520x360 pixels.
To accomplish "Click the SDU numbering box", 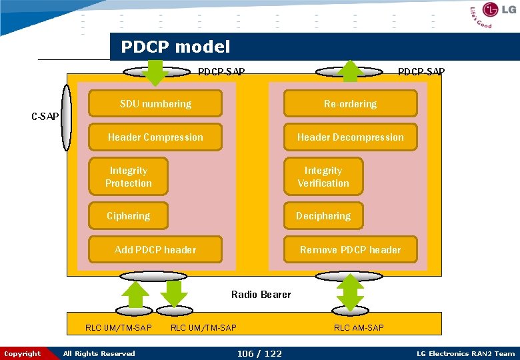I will tap(155, 104).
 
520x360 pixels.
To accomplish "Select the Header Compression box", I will tap(155, 137).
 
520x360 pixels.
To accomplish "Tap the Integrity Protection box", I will tap(129, 177).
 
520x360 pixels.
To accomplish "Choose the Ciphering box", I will tap(129, 216).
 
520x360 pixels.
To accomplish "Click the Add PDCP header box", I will tap(155, 250).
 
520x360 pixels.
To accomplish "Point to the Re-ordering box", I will tap(350, 104).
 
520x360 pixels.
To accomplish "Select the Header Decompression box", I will tap(350, 137).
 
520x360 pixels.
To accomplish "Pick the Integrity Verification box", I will tap(323, 177).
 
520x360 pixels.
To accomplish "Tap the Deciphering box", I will tap(323, 216).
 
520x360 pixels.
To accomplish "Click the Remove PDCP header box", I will tap(350, 250).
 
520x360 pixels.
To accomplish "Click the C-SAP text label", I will tap(45, 117).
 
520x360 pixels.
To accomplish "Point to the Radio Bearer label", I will tap(261, 295).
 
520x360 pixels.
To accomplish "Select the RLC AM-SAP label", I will tap(359, 327).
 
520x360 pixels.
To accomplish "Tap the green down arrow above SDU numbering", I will tap(155, 73).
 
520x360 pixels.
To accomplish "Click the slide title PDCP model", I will tap(175, 47).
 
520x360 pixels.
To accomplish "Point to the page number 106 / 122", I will tap(259, 353).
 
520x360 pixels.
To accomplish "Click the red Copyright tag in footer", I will tap(23, 353).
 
